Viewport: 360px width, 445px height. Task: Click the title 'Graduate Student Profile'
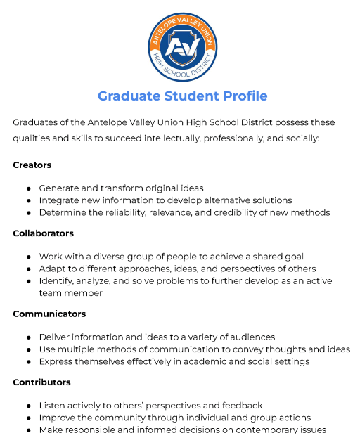click(x=182, y=96)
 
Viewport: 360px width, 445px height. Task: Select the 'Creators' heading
click(x=32, y=165)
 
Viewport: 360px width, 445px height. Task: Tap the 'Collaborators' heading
click(x=43, y=233)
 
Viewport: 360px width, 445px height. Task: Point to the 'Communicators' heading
click(x=49, y=314)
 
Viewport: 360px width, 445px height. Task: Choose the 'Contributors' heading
click(x=41, y=382)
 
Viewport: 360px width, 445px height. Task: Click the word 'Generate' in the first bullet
click(x=60, y=188)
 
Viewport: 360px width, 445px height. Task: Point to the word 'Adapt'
click(x=52, y=269)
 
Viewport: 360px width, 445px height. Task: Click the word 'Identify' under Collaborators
click(x=56, y=280)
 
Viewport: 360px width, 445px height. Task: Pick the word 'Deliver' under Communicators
click(x=55, y=337)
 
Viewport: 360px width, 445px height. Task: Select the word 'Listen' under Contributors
click(x=52, y=406)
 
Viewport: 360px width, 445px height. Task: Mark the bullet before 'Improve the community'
click(x=29, y=418)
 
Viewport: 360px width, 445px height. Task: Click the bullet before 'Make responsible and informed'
click(x=29, y=430)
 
